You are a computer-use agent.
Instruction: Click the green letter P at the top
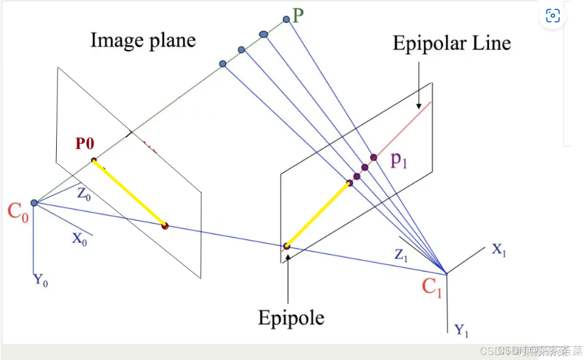click(x=297, y=15)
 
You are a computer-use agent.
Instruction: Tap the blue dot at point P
click(x=286, y=20)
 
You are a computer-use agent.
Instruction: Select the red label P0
click(x=85, y=144)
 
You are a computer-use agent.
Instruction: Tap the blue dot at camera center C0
click(x=34, y=203)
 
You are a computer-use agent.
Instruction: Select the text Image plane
click(x=143, y=41)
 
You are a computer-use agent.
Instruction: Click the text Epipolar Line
click(x=452, y=43)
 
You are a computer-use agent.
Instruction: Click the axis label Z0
click(x=84, y=193)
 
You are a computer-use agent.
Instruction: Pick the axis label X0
click(x=79, y=238)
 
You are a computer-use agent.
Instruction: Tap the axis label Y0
click(x=41, y=281)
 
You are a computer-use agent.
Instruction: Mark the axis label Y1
click(x=462, y=330)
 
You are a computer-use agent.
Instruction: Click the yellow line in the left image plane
click(x=129, y=193)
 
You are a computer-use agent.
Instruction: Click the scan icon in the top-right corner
click(x=552, y=16)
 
